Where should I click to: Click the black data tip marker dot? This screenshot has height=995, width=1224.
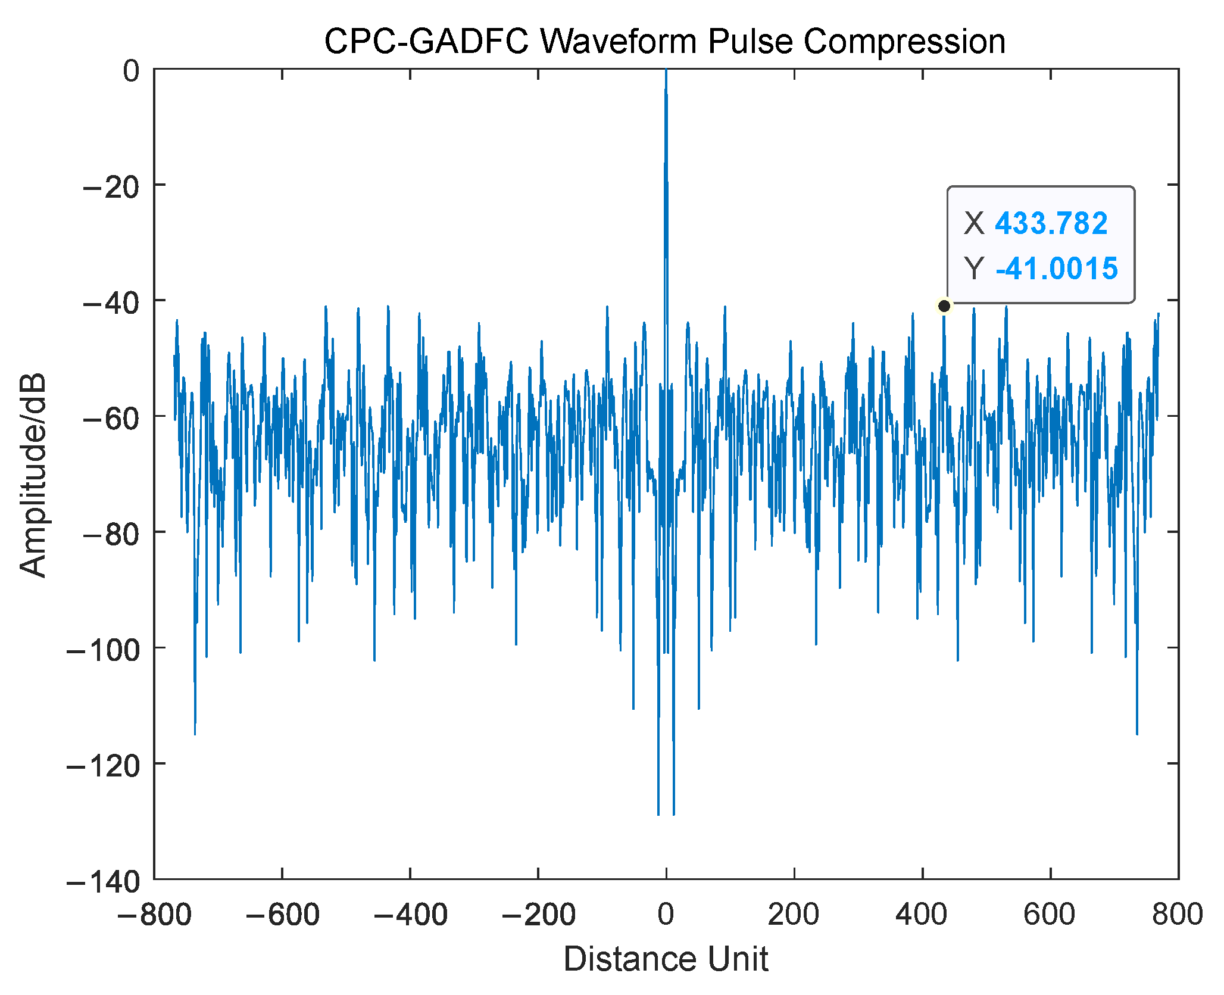[944, 306]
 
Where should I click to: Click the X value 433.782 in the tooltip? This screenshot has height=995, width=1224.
[1051, 224]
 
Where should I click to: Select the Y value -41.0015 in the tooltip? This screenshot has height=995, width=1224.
[1056, 269]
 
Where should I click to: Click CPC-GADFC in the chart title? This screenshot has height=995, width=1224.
[426, 42]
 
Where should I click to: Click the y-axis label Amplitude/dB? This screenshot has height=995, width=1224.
[33, 475]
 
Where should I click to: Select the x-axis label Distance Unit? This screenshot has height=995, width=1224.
[666, 959]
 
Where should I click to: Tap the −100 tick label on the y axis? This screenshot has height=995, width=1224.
[103, 650]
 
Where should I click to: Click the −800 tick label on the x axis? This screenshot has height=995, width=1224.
[154, 914]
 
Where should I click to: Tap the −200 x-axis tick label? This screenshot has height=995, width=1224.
[538, 914]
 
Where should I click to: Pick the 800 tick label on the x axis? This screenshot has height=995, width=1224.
[1177, 914]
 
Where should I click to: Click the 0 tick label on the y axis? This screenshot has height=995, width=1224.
[131, 71]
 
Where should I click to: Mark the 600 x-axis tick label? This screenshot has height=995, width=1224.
[1049, 914]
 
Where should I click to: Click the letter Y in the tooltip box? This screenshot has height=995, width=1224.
[974, 269]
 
